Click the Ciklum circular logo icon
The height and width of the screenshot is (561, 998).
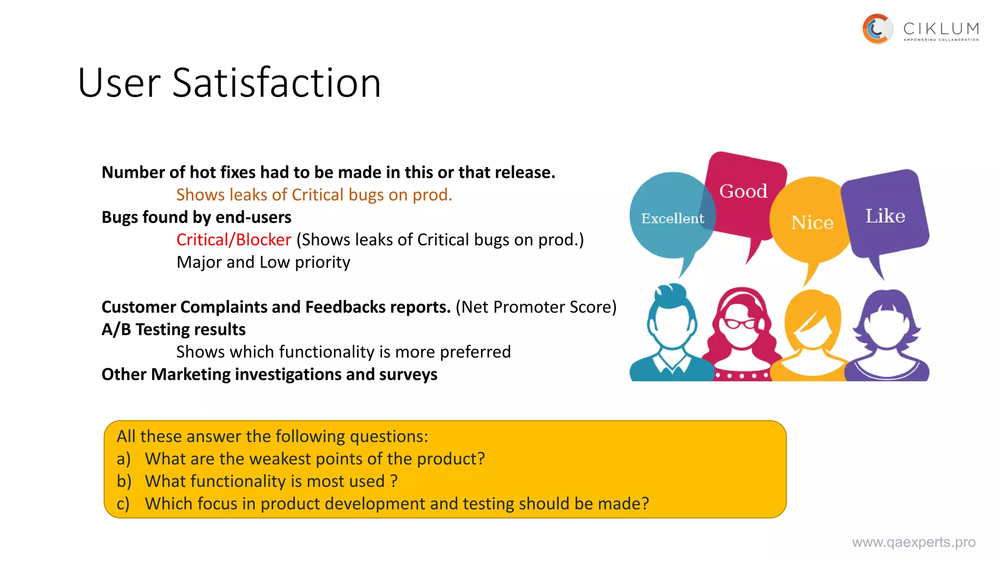877,29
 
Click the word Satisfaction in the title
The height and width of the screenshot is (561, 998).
276,83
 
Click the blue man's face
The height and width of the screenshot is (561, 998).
672,326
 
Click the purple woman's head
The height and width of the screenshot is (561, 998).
886,324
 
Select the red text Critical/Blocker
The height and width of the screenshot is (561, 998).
233,240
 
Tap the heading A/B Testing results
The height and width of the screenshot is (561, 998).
173,329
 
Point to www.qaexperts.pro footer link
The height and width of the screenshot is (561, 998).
913,542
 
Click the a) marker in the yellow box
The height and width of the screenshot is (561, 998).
123,459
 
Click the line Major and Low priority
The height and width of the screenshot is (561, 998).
263,262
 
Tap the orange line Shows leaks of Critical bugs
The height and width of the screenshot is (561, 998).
314,195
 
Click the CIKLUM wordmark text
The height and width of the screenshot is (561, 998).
940,29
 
